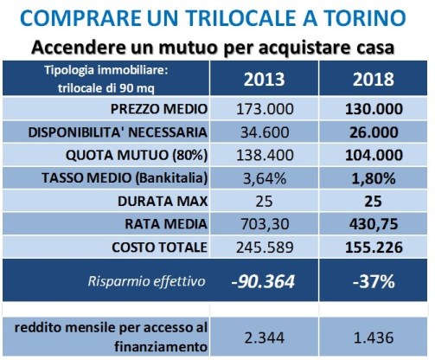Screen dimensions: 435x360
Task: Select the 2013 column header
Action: (264, 79)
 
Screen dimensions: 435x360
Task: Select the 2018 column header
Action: (374, 79)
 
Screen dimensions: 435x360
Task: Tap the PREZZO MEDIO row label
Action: (159, 109)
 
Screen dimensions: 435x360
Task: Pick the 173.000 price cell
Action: (265, 109)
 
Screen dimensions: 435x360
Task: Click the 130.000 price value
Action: (374, 109)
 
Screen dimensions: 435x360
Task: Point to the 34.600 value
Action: (265, 132)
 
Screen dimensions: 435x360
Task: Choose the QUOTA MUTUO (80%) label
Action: (137, 155)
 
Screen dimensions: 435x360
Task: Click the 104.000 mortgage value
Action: (374, 155)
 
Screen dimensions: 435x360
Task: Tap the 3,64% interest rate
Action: (265, 178)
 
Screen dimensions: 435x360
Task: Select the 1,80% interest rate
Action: (374, 178)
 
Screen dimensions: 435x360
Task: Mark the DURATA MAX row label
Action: (163, 201)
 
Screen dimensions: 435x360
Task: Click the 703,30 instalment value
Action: (265, 224)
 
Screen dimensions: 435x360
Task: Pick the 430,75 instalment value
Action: (374, 224)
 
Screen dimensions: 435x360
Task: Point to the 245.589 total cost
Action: (265, 247)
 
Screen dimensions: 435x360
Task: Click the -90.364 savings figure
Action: (263, 281)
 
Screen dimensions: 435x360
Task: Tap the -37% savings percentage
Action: (374, 281)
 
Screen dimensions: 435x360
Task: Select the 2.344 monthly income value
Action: (265, 337)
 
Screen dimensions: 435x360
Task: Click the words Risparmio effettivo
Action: (147, 281)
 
